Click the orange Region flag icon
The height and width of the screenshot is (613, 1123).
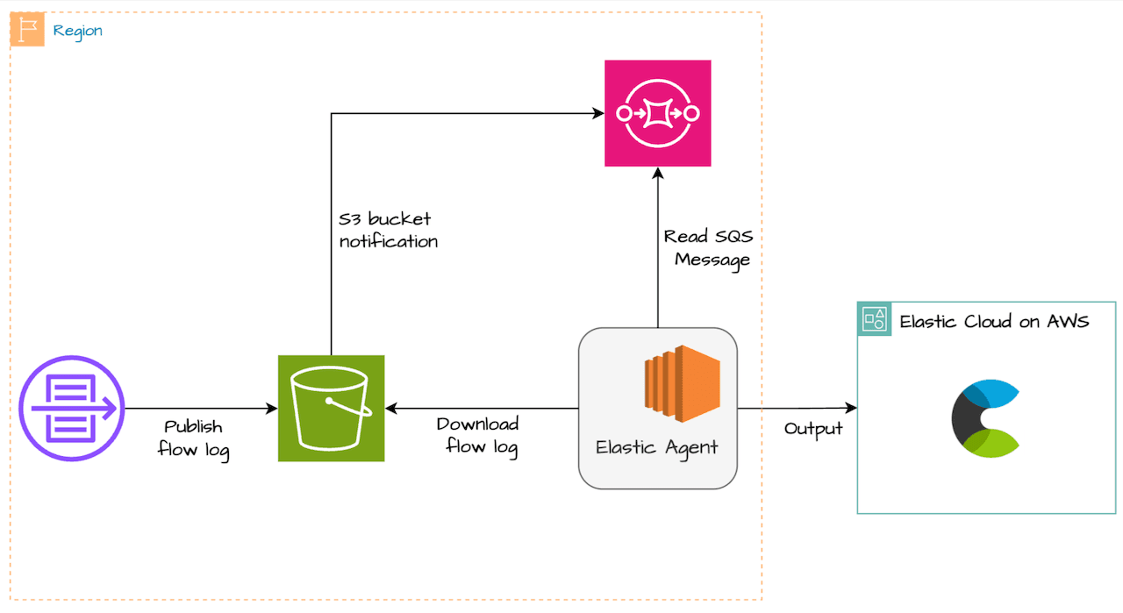[x=27, y=30]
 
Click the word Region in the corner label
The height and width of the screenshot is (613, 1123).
[x=77, y=31]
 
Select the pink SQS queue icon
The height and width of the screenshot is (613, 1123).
[x=657, y=113]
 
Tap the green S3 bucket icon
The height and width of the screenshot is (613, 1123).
[x=331, y=408]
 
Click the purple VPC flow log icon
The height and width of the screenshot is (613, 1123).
[x=72, y=409]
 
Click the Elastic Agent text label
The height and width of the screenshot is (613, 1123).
[x=657, y=447]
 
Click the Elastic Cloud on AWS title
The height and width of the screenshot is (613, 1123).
[x=994, y=322]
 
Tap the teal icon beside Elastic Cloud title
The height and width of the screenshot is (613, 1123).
[x=874, y=319]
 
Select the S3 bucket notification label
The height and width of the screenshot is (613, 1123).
[x=388, y=230]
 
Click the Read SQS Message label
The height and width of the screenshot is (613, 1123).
[x=708, y=247]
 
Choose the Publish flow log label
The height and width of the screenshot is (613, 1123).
[x=193, y=437]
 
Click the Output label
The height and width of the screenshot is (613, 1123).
[x=813, y=429]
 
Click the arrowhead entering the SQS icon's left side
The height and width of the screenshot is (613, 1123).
[x=598, y=113]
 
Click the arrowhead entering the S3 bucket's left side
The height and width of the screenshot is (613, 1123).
[x=271, y=409]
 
